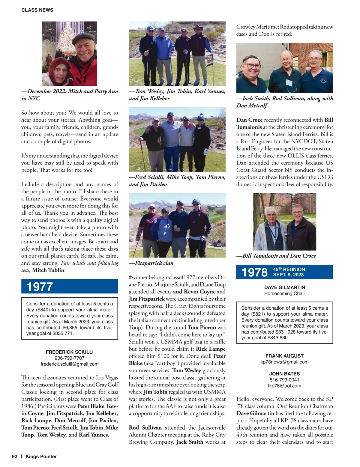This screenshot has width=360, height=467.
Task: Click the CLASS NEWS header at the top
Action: [37, 10]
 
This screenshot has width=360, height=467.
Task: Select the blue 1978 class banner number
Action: [254, 272]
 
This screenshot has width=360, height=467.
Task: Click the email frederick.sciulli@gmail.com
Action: [70, 364]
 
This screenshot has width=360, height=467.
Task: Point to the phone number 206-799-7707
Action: [70, 358]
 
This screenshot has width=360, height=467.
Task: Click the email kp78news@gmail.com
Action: [284, 362]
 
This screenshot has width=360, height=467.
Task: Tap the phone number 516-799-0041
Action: [284, 380]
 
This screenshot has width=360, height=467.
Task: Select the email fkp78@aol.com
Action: [284, 386]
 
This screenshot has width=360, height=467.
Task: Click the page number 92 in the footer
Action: [15, 457]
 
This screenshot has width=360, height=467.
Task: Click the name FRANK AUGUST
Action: [284, 356]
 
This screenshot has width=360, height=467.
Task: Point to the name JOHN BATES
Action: [284, 374]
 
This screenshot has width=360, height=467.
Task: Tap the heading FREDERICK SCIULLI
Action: [70, 352]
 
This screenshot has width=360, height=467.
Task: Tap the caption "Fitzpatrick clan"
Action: [151, 263]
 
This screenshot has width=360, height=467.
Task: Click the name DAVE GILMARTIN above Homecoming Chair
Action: [284, 287]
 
